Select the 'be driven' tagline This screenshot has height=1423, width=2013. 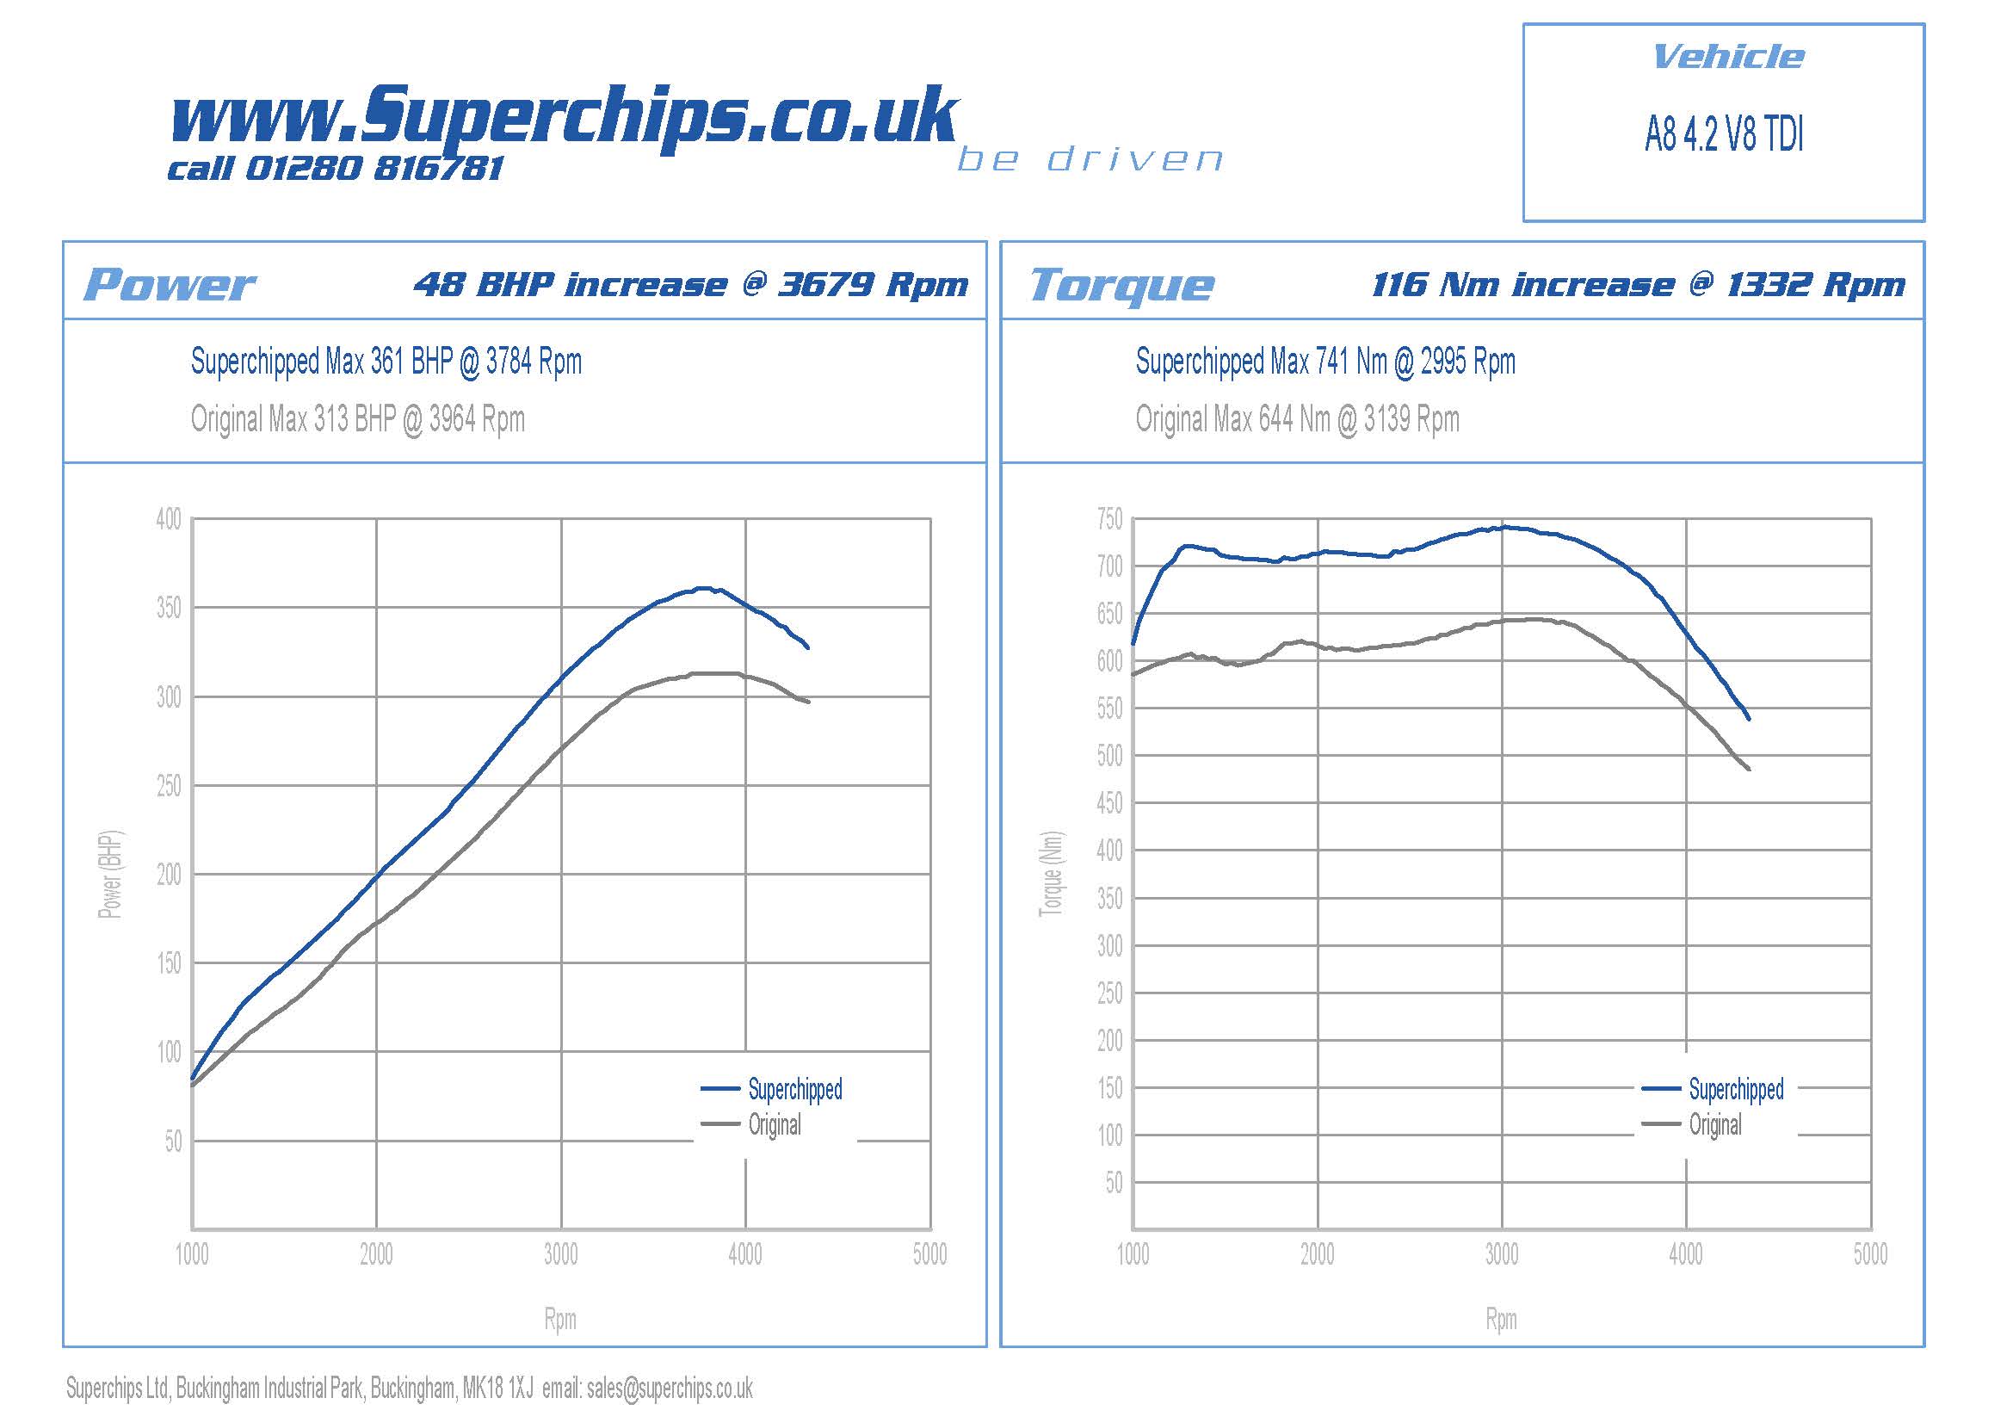(x=1089, y=159)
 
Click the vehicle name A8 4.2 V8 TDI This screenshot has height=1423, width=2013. (x=1724, y=135)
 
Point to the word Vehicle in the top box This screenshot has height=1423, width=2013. (x=1727, y=58)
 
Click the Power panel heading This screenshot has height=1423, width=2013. (x=170, y=285)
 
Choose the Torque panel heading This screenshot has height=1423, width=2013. (x=1121, y=285)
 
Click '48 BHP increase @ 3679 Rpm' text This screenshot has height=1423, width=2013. (x=691, y=284)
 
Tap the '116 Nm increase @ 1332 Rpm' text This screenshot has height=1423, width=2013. (x=1638, y=284)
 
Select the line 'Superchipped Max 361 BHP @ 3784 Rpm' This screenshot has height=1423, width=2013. (x=386, y=362)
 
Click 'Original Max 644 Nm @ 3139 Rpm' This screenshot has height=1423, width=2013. (x=1297, y=419)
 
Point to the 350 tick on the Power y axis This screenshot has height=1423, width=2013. (x=169, y=608)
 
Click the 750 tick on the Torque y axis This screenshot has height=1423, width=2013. (x=1109, y=520)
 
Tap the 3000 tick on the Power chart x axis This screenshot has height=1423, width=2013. (x=561, y=1253)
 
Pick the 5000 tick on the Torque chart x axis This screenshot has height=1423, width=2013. (x=1870, y=1253)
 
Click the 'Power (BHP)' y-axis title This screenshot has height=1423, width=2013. (x=110, y=874)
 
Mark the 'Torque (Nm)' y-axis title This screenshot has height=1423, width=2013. (x=1051, y=874)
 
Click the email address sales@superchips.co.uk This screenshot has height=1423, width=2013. (x=669, y=1389)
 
